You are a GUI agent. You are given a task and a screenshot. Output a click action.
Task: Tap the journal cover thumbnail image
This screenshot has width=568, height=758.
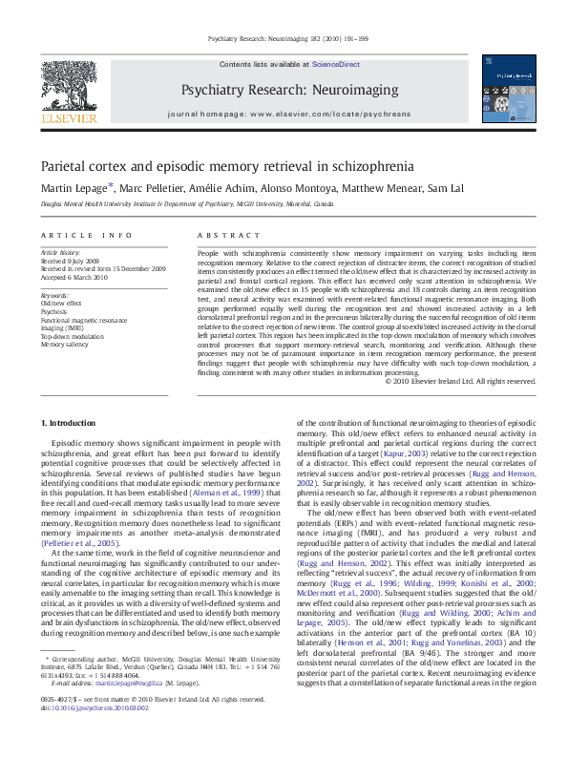coord(509,89)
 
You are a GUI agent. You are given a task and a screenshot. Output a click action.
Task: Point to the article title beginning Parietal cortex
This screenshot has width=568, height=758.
coord(227,165)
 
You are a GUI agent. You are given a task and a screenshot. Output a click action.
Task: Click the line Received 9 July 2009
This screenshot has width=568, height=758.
coord(73,261)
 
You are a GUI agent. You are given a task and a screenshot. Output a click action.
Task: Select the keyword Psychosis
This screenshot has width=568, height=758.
coord(54,311)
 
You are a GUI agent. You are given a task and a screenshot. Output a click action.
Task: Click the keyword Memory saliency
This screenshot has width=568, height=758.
coord(66,344)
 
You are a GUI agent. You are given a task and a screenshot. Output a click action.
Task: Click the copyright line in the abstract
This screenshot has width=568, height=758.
coord(460,381)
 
